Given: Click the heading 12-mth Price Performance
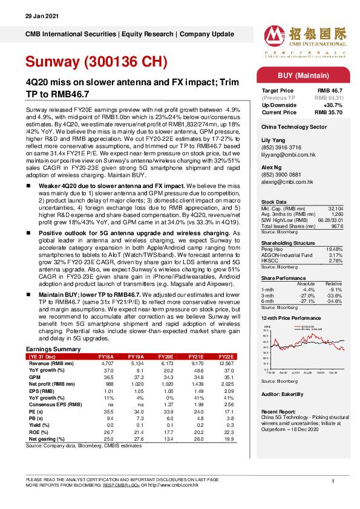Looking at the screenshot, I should [290, 317].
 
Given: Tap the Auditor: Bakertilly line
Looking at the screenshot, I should [282, 394].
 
